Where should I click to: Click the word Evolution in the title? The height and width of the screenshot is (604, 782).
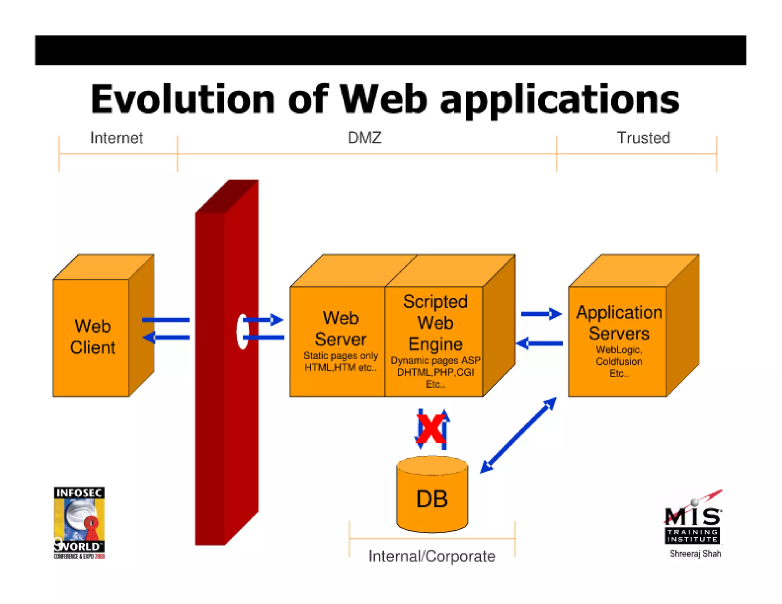tap(183, 99)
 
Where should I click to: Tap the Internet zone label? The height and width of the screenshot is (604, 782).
tap(116, 138)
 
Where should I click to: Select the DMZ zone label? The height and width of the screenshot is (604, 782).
tap(364, 138)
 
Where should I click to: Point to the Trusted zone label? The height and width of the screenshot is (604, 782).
tap(643, 138)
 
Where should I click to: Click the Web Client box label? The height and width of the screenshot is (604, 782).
tap(93, 337)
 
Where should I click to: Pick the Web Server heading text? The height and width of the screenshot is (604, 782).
tap(340, 329)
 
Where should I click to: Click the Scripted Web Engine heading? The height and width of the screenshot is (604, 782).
tap(435, 323)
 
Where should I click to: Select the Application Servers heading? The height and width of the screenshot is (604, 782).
tap(619, 323)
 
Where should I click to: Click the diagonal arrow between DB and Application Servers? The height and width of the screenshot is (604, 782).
tap(518, 435)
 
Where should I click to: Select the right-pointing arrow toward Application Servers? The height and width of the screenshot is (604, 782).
tap(541, 314)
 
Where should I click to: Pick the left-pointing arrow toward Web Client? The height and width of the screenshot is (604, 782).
tap(166, 338)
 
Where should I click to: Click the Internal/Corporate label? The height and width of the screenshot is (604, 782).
tap(431, 556)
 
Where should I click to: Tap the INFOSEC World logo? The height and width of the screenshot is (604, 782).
tap(79, 522)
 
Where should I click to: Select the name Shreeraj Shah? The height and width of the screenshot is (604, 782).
tap(695, 554)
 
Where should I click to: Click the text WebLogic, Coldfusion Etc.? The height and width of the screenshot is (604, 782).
tap(619, 361)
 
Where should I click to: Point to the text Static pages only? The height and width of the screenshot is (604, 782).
tap(340, 356)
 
